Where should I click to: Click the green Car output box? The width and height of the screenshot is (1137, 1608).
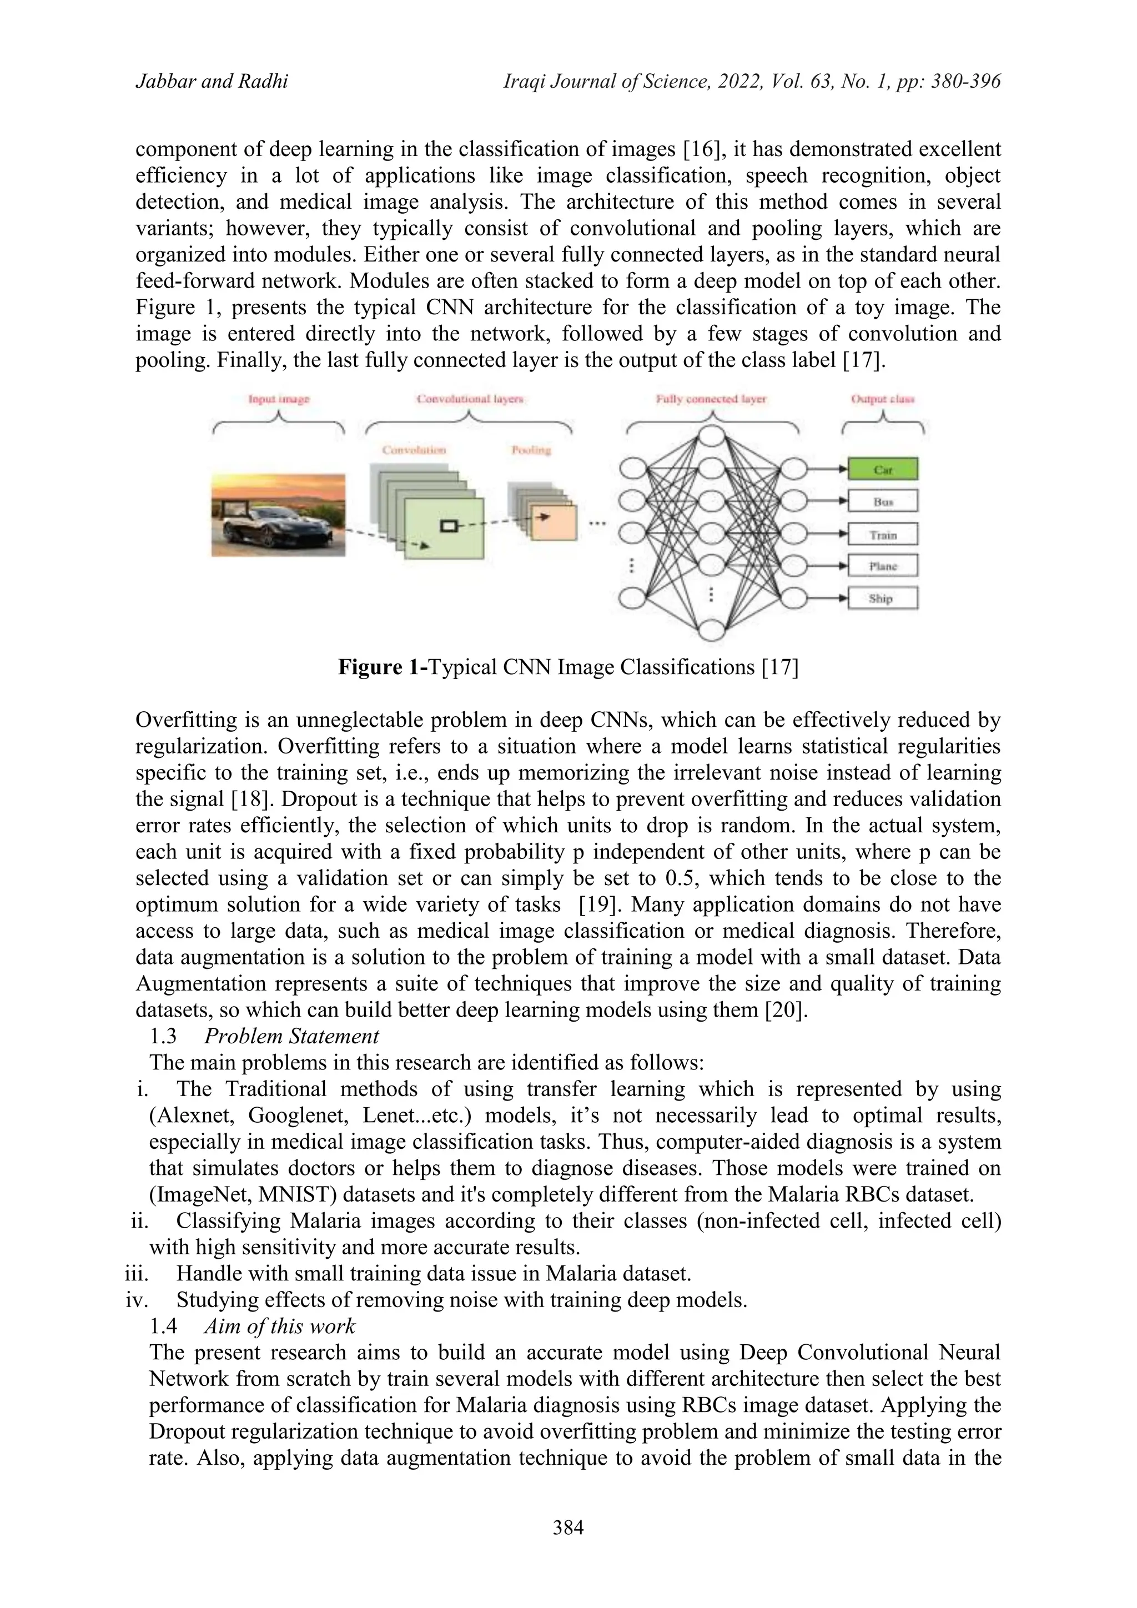pyautogui.click(x=882, y=469)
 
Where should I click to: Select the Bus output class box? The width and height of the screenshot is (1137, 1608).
pyautogui.click(x=882, y=501)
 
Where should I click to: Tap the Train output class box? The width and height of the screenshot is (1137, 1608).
pyautogui.click(x=882, y=534)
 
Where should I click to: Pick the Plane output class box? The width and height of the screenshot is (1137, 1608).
pyautogui.click(x=882, y=566)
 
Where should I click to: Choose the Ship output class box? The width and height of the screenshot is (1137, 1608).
pyautogui.click(x=882, y=598)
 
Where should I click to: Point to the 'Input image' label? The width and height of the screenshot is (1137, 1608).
pyautogui.click(x=279, y=399)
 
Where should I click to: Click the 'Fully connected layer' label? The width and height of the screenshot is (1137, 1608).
pyautogui.click(x=711, y=399)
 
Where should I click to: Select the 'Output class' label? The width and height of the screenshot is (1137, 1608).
pyautogui.click(x=883, y=399)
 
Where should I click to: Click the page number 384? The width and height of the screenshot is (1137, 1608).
pyautogui.click(x=568, y=1527)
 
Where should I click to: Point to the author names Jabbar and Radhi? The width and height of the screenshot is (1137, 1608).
pyautogui.click(x=212, y=83)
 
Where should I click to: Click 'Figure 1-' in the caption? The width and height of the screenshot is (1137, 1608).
pyautogui.click(x=383, y=667)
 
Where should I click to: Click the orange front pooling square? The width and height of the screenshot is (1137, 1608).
pyautogui.click(x=555, y=522)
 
